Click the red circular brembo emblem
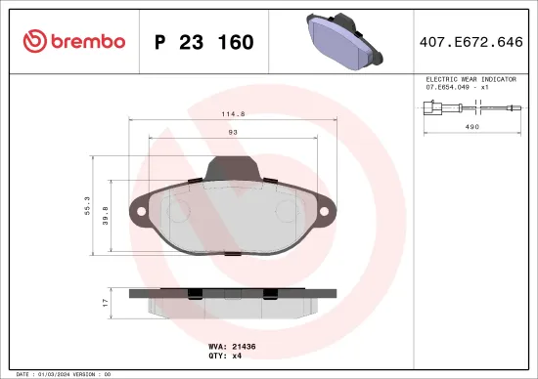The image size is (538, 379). coord(35,41)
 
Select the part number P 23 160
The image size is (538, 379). coord(204,42)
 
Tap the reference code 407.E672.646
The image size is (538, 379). coord(471,42)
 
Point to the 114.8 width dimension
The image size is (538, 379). coord(232,113)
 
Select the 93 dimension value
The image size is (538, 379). coord(232,133)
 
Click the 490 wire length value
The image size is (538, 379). coord(471,127)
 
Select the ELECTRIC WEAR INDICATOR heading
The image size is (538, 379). coord(471,77)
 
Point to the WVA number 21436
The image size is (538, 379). coord(244,346)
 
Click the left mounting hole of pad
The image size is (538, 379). coord(141,210)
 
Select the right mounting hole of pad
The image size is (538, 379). coord(323,210)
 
